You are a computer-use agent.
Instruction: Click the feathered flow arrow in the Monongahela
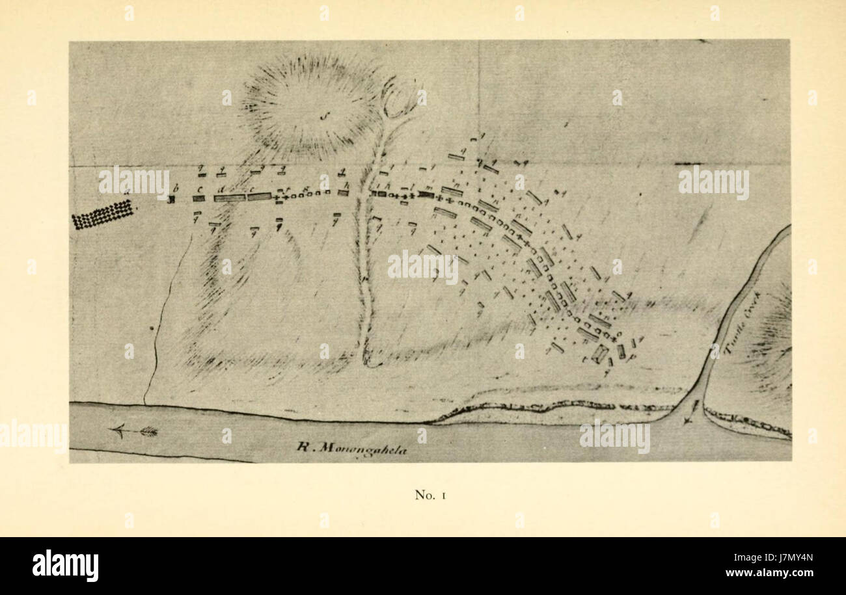(x=135, y=430)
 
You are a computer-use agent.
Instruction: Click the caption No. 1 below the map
(x=429, y=495)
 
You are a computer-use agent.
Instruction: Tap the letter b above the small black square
(x=175, y=189)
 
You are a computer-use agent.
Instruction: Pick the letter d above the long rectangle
(x=223, y=189)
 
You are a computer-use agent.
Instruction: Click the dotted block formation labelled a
(x=103, y=214)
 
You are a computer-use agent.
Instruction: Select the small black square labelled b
(x=172, y=200)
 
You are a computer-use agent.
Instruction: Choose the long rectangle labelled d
(x=229, y=198)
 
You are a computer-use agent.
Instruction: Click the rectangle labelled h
(x=343, y=193)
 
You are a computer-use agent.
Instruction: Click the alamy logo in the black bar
(x=65, y=565)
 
